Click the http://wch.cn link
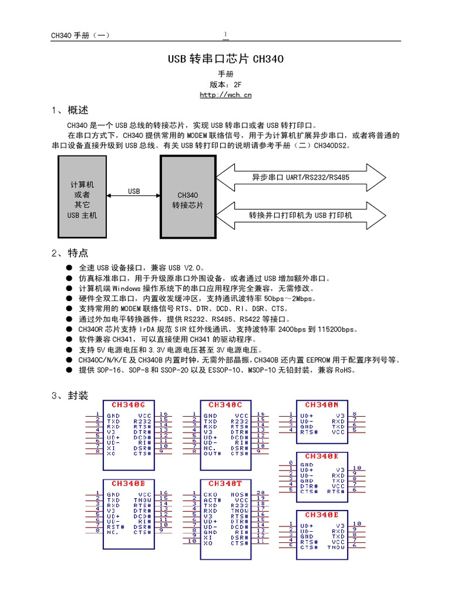point(225,95)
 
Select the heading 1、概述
point(70,110)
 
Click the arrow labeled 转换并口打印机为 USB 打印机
point(301,215)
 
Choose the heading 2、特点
point(70,254)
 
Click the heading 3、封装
point(70,396)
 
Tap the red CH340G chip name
point(129,405)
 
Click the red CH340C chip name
point(225,405)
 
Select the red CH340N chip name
point(321,405)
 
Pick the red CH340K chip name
point(321,456)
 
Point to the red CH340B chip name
point(129,484)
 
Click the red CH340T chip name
point(225,484)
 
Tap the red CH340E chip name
point(321,515)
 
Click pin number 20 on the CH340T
point(261,493)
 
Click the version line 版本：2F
point(225,85)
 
